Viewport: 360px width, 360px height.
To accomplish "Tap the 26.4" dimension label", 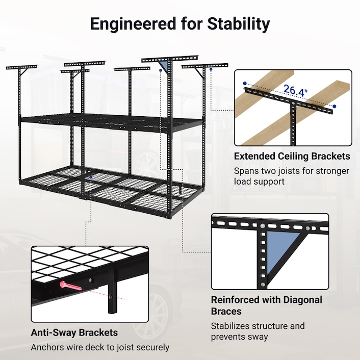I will point(296,91).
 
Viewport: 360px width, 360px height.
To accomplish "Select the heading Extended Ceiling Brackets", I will point(292,156).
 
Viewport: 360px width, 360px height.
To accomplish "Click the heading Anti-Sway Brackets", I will point(74,333).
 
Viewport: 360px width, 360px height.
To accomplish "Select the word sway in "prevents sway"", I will point(258,337).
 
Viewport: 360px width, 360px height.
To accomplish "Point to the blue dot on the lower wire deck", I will point(91,177).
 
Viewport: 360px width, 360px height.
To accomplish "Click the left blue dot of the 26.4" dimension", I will point(245,83).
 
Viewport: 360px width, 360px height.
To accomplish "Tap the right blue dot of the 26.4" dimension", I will point(335,106).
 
